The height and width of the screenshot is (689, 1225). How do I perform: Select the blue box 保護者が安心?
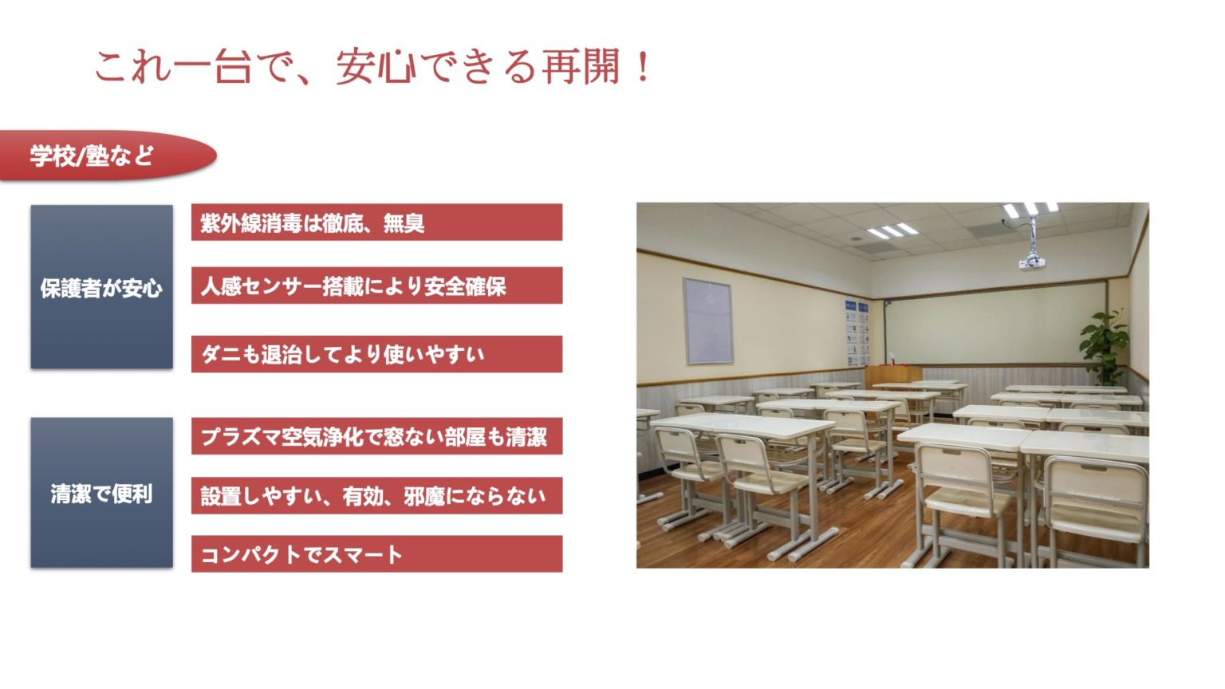coord(101,287)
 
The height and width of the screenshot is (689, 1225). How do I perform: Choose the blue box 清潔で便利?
coord(101,493)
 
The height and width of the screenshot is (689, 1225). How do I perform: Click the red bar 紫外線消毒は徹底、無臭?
coord(376,222)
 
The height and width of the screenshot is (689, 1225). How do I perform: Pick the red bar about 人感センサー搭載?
coord(376,285)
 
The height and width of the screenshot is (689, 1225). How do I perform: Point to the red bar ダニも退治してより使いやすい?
coord(376,354)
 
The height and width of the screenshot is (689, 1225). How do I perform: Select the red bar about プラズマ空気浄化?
coord(376,436)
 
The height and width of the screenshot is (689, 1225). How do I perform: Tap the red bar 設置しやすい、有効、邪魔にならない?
coord(376,495)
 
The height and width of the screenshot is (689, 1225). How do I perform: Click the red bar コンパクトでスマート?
coord(376,553)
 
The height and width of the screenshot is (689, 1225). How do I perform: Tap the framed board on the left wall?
coord(707,321)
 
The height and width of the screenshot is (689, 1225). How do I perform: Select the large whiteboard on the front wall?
coord(995,322)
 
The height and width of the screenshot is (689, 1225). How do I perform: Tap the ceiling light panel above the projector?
coord(1030,210)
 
